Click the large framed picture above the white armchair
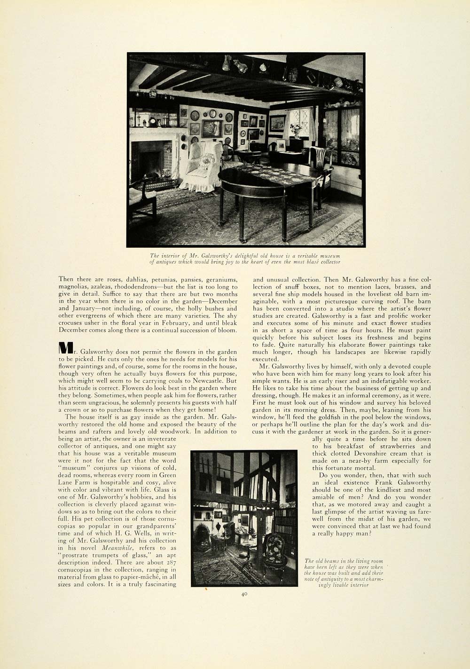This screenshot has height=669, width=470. pos(211,128)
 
